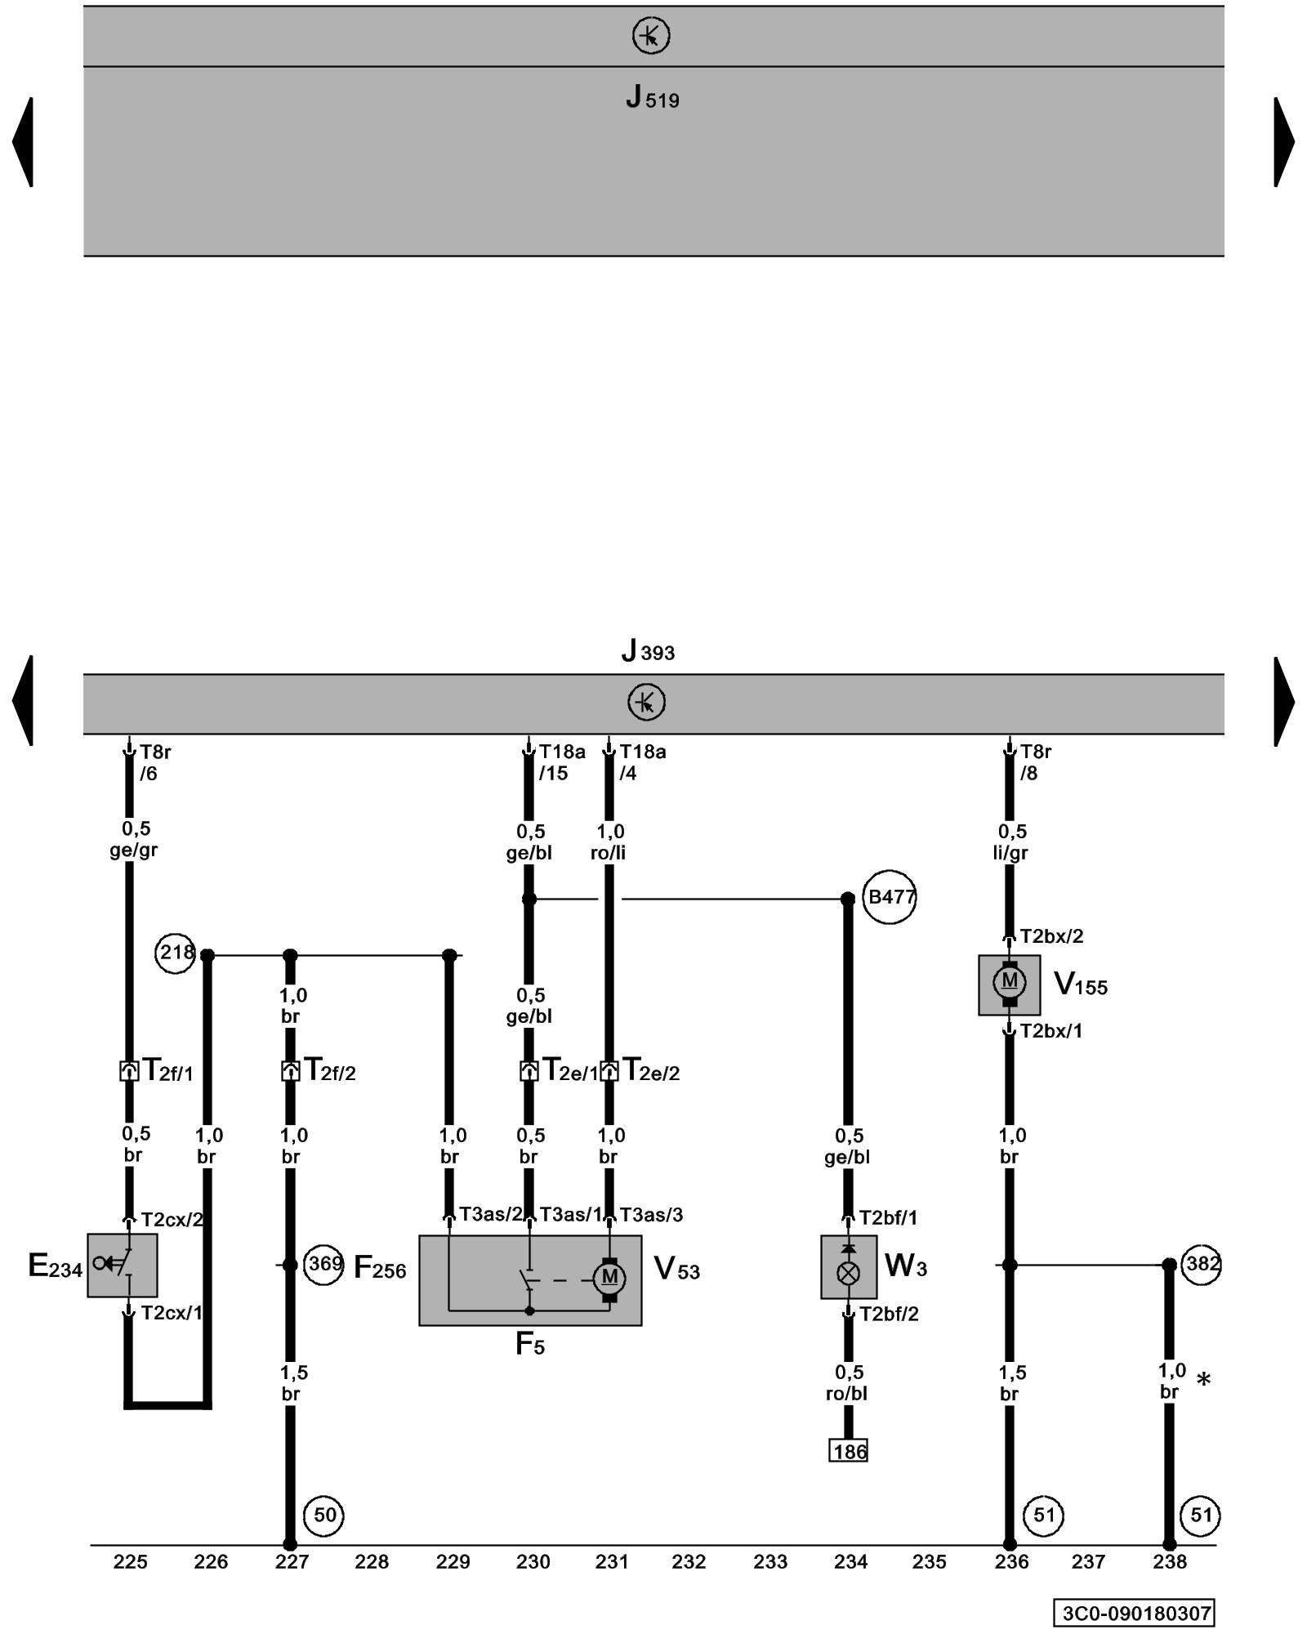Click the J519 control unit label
pyautogui.click(x=652, y=98)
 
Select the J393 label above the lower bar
pyautogui.click(x=648, y=651)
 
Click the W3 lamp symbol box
pyautogui.click(x=849, y=1267)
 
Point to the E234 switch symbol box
pyautogui.click(x=123, y=1266)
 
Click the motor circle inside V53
pyautogui.click(x=609, y=1277)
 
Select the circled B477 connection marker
pyautogui.click(x=890, y=897)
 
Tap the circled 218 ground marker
pyautogui.click(x=175, y=953)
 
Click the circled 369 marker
pyautogui.click(x=323, y=1265)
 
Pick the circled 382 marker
pyautogui.click(x=1201, y=1265)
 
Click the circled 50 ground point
pyautogui.click(x=324, y=1516)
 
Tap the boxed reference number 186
pyautogui.click(x=849, y=1452)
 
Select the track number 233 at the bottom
pyautogui.click(x=769, y=1562)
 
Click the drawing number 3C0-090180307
pyautogui.click(x=1134, y=1613)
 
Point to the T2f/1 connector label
pyautogui.click(x=167, y=1070)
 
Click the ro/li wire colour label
pyautogui.click(x=609, y=853)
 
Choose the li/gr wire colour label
pyautogui.click(x=1010, y=853)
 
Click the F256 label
pyautogui.click(x=380, y=1267)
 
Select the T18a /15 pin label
pyautogui.click(x=561, y=762)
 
